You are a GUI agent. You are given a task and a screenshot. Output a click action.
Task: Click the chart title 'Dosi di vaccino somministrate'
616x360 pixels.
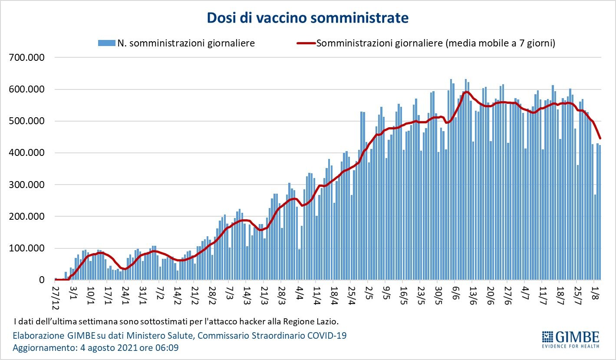pyautogui.click(x=307, y=18)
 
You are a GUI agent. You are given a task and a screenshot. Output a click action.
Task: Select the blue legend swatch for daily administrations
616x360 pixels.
pyautogui.click(x=106, y=43)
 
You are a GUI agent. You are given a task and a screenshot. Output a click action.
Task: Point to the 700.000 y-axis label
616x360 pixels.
pyautogui.click(x=27, y=58)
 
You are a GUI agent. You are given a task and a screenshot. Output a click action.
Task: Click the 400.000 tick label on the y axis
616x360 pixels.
pyautogui.click(x=27, y=153)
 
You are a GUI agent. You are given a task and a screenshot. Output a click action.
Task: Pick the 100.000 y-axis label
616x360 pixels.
pyautogui.click(x=27, y=248)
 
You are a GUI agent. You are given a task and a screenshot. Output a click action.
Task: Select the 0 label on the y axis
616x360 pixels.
pyautogui.click(x=42, y=280)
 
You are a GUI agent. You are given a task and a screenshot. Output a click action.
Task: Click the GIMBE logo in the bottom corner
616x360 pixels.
pyautogui.click(x=570, y=339)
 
